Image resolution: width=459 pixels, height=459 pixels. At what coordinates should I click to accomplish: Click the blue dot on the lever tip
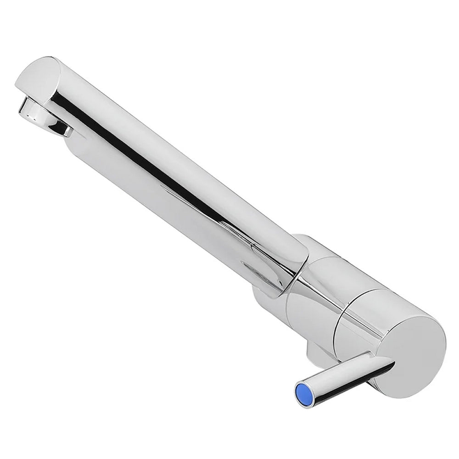tap(303, 393)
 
